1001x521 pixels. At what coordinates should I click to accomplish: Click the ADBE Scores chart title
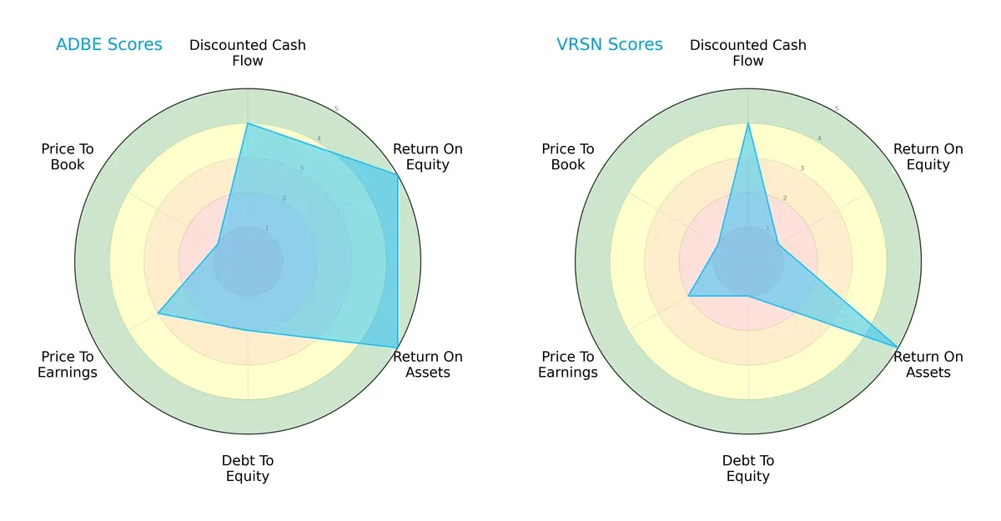coord(108,45)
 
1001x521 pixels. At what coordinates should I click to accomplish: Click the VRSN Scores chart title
coord(610,45)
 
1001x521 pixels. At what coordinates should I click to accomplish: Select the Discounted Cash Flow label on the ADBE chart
coord(248,53)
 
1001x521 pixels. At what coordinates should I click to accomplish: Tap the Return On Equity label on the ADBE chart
coord(428,157)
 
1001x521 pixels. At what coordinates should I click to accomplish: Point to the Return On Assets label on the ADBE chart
coord(428,364)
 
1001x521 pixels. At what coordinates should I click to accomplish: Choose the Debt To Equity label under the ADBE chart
coord(248,468)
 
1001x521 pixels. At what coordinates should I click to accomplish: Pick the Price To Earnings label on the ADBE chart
coord(68,364)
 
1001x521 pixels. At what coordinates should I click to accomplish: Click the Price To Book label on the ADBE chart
coord(68,157)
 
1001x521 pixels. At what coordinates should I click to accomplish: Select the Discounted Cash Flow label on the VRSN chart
coord(748,53)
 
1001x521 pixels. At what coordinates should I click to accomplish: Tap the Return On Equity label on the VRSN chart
coord(928,157)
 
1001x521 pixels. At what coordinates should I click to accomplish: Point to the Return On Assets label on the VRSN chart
coord(928,364)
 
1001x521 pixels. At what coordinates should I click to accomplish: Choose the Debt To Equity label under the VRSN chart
coord(748,468)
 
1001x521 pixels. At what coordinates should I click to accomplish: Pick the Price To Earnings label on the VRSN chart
coord(568,364)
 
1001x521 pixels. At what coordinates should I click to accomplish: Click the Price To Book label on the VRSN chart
coord(568,157)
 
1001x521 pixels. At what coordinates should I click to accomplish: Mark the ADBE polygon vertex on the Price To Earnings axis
coord(158,313)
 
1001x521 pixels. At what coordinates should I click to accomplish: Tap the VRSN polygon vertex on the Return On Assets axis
coord(898,347)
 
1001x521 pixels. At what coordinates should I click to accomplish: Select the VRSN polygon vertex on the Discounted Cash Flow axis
coord(748,123)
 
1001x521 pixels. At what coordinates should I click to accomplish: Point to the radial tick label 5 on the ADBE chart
coord(336,108)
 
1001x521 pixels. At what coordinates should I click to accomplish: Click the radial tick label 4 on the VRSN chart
coord(819,138)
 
